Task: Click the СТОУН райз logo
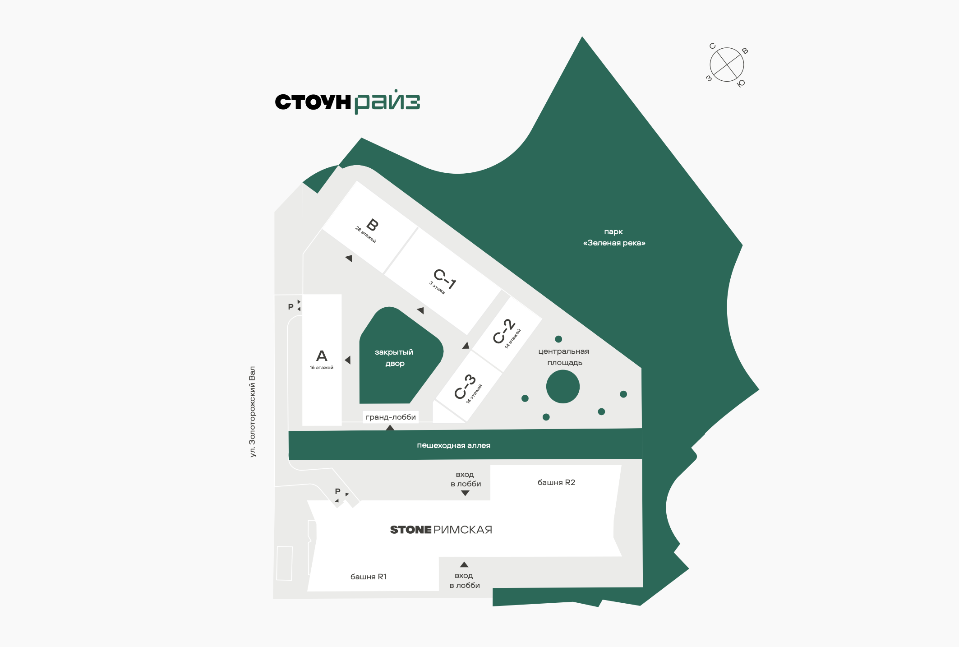pyautogui.click(x=347, y=102)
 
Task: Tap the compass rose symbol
pyautogui.click(x=727, y=65)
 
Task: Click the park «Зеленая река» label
pyautogui.click(x=614, y=237)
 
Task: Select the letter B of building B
pyautogui.click(x=373, y=225)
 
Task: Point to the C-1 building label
pyautogui.click(x=445, y=279)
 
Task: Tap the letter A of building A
pyautogui.click(x=322, y=356)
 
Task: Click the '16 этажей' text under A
pyautogui.click(x=322, y=368)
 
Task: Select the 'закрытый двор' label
pyautogui.click(x=394, y=358)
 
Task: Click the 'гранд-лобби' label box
pyautogui.click(x=391, y=417)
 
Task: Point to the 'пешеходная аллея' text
pyautogui.click(x=453, y=445)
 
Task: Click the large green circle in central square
pyautogui.click(x=563, y=387)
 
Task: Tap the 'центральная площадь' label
pyautogui.click(x=564, y=357)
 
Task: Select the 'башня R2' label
pyautogui.click(x=556, y=482)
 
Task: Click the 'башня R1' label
pyautogui.click(x=368, y=577)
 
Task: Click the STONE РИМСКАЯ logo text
pyautogui.click(x=441, y=530)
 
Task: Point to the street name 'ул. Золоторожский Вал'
pyautogui.click(x=253, y=411)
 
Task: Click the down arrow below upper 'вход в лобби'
pyautogui.click(x=465, y=493)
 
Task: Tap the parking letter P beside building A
pyautogui.click(x=291, y=307)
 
